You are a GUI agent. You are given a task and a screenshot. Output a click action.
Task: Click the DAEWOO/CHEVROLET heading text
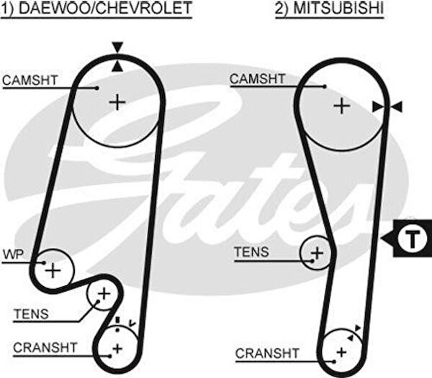coord(104,9)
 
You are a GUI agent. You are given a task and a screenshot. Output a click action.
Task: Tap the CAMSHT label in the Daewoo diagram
coord(30,80)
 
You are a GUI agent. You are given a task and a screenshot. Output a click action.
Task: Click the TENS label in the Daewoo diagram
coord(31,313)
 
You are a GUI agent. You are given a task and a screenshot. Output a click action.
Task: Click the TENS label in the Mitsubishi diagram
coord(252,252)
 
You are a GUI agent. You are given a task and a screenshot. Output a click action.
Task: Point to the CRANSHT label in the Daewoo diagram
coord(44,348)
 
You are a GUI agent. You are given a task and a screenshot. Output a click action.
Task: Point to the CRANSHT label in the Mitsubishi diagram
coord(267,353)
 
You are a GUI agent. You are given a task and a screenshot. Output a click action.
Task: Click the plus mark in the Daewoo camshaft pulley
coord(117,102)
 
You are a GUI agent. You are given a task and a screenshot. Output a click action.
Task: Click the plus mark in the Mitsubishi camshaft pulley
coord(341,106)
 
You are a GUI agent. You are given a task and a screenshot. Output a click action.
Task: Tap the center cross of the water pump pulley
coord(52,270)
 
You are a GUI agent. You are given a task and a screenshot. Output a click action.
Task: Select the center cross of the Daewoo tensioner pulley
coord(104,293)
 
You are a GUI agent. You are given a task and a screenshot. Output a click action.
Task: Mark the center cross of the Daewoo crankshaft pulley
coord(117,349)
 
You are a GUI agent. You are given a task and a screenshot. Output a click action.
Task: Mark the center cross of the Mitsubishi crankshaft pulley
coord(342,351)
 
